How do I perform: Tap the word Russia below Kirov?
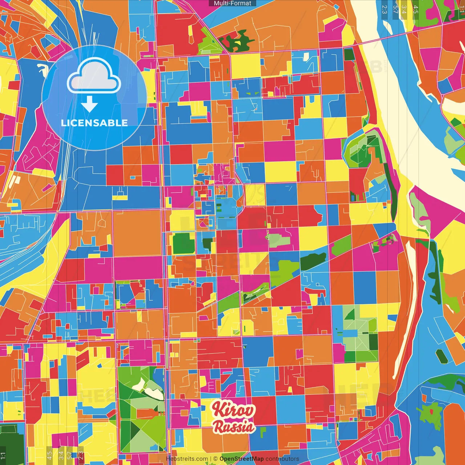coord(234,426)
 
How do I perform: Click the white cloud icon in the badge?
coord(94,76)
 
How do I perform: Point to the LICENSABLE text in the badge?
coord(94,123)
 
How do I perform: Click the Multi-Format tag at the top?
coord(232,3)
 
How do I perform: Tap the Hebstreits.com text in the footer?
coord(187,459)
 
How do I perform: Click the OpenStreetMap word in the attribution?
coord(241,459)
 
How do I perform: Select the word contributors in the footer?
coord(282,459)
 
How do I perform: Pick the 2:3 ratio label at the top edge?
coord(384,9)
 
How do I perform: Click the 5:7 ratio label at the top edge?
coord(396,9)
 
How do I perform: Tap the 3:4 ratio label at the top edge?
coord(404,9)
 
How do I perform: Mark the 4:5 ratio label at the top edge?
coord(416,9)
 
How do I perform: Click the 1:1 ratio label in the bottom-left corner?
coord(3,456)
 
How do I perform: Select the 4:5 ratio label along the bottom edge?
coord(49,456)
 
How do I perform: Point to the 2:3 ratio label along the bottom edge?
coord(81,456)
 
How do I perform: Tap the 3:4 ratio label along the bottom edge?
coord(61,456)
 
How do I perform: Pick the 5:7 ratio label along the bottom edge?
coord(69,456)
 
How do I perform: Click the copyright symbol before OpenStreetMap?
coord(215,459)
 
